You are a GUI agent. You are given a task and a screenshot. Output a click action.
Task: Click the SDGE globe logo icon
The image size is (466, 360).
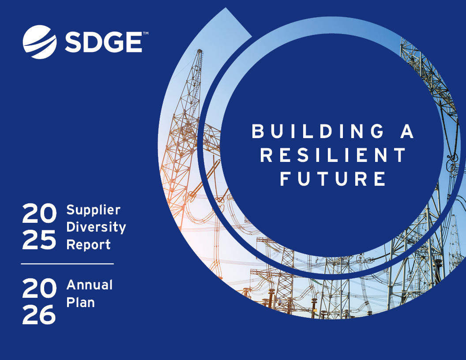[40, 42]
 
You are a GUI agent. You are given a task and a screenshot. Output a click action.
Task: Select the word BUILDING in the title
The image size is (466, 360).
[317, 132]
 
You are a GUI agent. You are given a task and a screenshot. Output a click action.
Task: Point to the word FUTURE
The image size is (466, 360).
[333, 179]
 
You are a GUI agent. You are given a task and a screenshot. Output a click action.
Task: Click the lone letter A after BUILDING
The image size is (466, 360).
[407, 132]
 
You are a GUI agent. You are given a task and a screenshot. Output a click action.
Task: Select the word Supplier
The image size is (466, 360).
[93, 210]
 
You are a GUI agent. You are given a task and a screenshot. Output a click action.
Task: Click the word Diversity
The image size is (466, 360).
[96, 227]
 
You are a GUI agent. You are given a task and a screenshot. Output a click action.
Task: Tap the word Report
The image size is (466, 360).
[88, 244]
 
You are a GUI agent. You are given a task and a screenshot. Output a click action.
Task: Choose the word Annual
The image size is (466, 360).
[90, 285]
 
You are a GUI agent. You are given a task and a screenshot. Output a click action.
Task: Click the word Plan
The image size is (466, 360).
[80, 303]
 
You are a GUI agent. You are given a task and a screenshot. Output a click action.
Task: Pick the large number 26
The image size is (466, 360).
[39, 315]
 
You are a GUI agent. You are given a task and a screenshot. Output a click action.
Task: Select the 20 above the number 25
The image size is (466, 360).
[39, 214]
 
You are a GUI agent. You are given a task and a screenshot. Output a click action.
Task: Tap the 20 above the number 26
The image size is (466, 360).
[39, 289]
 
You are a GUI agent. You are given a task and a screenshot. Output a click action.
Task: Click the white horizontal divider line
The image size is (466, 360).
[67, 264]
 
